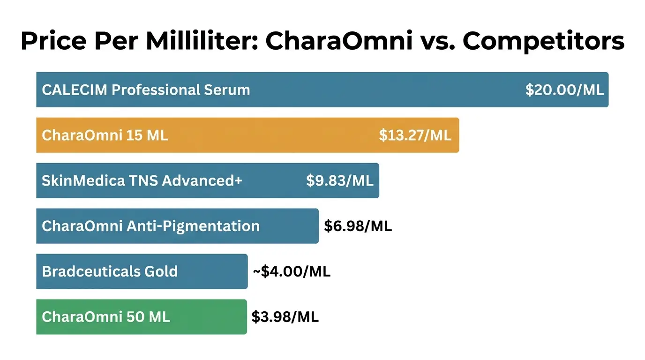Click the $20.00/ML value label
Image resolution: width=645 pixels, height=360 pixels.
click(x=564, y=90)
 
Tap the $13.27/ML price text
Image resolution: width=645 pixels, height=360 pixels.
click(x=415, y=135)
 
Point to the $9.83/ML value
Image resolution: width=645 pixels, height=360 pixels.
click(x=340, y=181)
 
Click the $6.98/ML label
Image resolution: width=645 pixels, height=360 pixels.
click(x=358, y=226)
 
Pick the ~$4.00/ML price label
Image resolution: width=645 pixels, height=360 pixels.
click(x=292, y=272)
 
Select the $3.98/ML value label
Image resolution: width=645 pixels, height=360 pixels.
click(x=285, y=317)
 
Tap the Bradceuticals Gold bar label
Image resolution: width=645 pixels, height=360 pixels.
click(x=110, y=271)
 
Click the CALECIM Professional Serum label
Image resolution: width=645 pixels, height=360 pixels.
click(x=146, y=90)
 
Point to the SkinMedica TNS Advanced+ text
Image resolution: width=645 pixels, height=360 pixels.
click(x=142, y=181)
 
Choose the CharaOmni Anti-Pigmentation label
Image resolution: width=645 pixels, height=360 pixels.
click(x=150, y=226)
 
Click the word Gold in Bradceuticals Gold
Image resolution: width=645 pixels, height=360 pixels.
click(x=161, y=271)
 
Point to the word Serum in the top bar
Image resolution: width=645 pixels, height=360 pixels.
click(x=227, y=90)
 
